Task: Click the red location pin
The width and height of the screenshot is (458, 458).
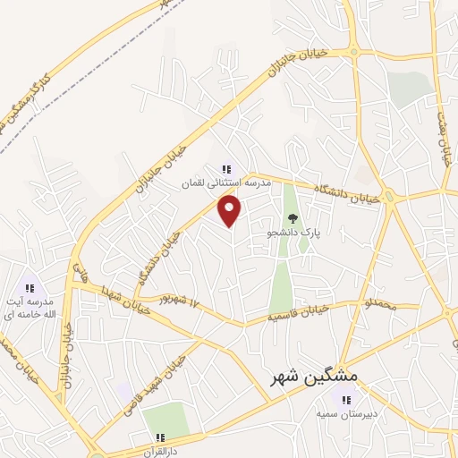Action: click(231, 211)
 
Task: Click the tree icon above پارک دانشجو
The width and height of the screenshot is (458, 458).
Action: click(292, 217)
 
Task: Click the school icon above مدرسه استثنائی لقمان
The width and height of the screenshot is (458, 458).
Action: click(225, 167)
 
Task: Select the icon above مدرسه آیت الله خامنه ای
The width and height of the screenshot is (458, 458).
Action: click(30, 288)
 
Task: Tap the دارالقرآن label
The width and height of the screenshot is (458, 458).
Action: click(157, 450)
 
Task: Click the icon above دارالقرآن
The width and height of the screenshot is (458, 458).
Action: click(158, 437)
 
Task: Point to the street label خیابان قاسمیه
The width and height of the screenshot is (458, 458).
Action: click(299, 313)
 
